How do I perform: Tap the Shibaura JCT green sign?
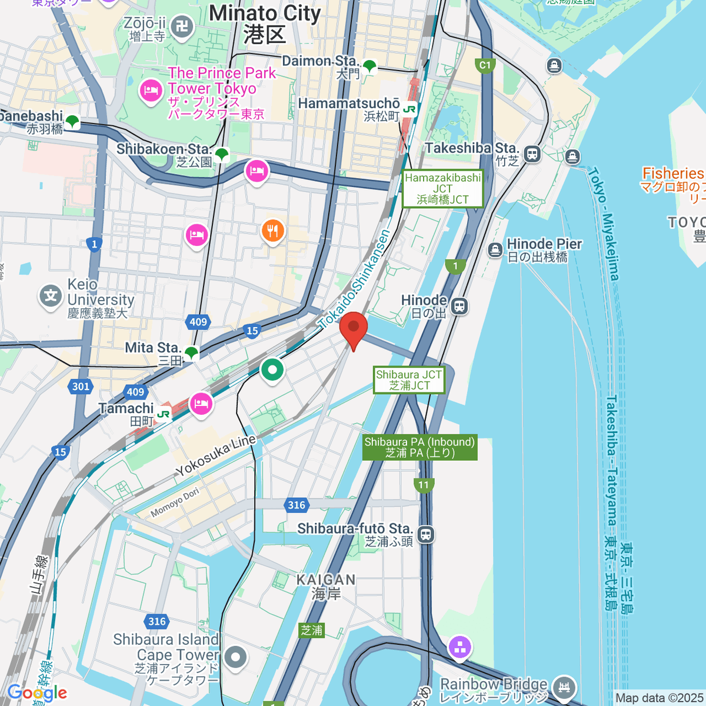pyautogui.click(x=409, y=380)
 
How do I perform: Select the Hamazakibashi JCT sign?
pyautogui.click(x=443, y=189)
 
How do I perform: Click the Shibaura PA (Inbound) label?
pyautogui.click(x=419, y=447)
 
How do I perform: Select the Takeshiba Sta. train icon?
pyautogui.click(x=532, y=154)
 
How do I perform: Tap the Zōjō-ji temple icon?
pyautogui.click(x=182, y=26)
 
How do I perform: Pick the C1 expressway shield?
pyautogui.click(x=485, y=65)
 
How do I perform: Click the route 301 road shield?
pyautogui.click(x=81, y=387)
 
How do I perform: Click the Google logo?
pyautogui.click(x=38, y=692)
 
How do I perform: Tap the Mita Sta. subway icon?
pyautogui.click(x=191, y=353)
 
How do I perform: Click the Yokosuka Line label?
pyautogui.click(x=217, y=455)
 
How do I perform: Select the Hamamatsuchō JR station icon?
pyautogui.click(x=409, y=109)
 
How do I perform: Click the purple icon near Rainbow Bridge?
pyautogui.click(x=459, y=647)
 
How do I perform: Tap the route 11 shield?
pyautogui.click(x=424, y=485)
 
